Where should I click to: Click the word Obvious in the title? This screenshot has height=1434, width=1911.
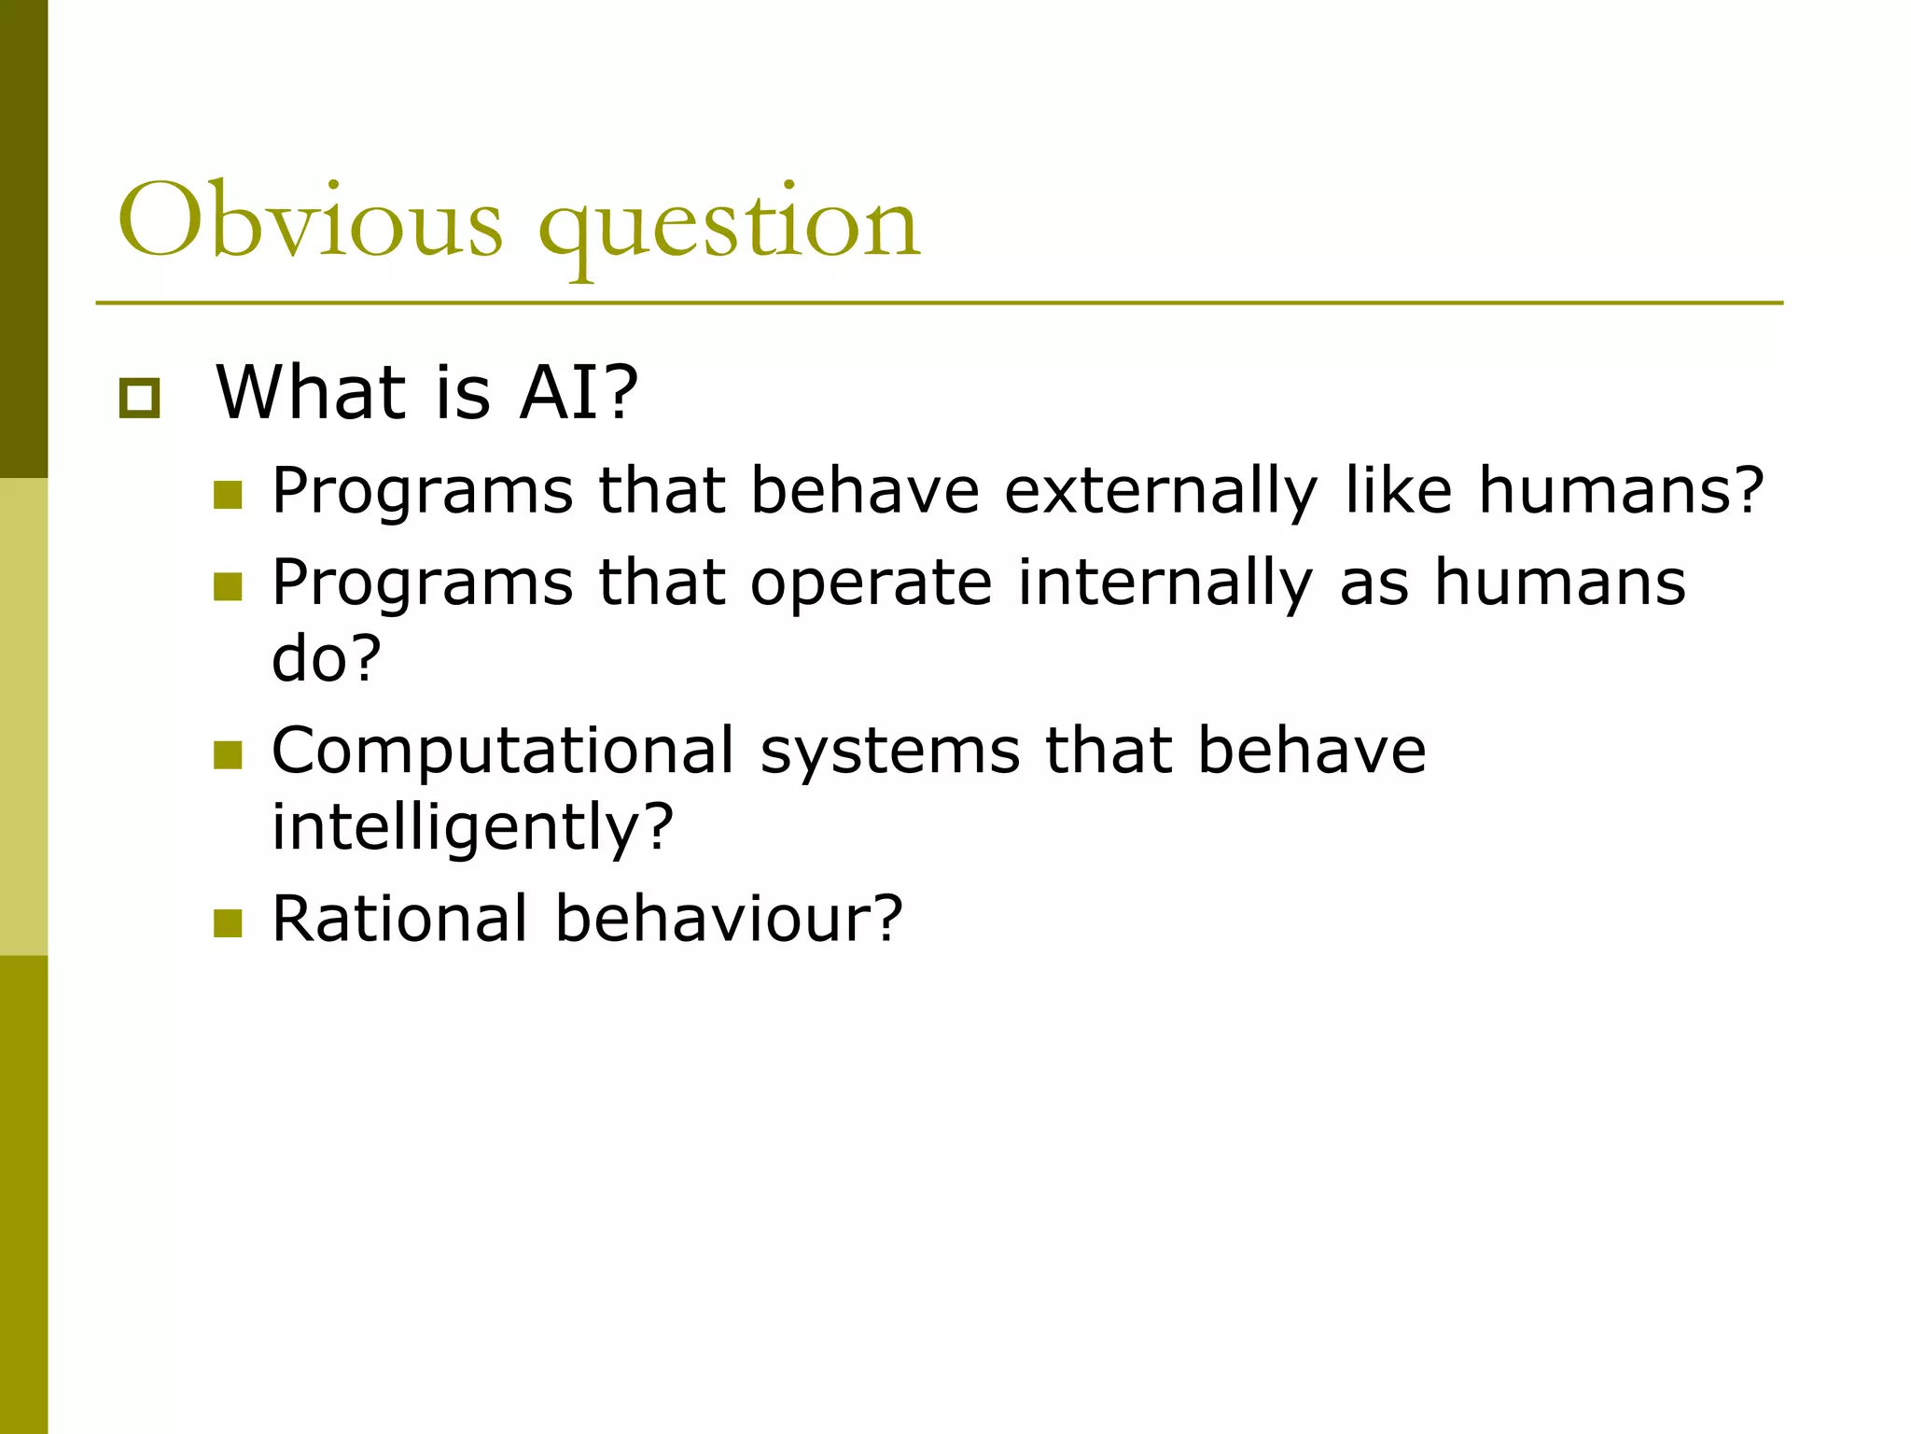tap(310, 222)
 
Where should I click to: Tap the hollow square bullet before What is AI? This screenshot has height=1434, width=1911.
tap(139, 399)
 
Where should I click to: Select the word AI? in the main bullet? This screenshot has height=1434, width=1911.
tap(579, 392)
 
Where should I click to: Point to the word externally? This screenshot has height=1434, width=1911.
tap(1161, 492)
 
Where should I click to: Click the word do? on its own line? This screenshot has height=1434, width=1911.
tap(327, 658)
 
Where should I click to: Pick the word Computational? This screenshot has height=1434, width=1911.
tap(503, 752)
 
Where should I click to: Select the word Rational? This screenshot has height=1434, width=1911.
tap(400, 919)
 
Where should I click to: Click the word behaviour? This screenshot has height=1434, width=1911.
tap(729, 919)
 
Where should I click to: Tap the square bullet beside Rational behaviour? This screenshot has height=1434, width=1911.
tap(228, 923)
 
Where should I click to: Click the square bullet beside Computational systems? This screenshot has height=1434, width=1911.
tap(228, 755)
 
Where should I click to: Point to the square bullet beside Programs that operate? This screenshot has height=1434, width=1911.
tap(228, 587)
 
